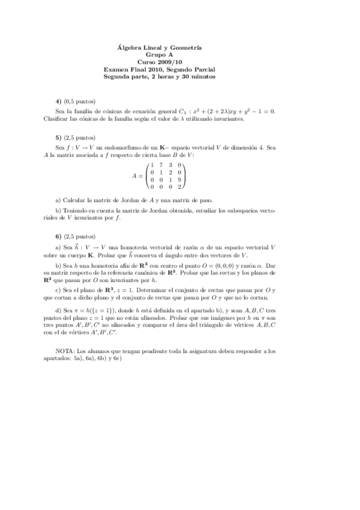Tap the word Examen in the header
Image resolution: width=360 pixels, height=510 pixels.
[x=117, y=69]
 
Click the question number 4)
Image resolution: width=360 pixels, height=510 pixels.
[x=58, y=101]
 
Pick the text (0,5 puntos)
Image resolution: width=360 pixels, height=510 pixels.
[x=81, y=101]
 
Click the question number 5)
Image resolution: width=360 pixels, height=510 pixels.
[x=58, y=137]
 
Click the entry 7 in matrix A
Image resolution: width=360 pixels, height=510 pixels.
[x=161, y=165]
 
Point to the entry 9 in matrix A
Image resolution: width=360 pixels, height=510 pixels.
[x=179, y=179]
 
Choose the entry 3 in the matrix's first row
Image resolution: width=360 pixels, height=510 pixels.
[x=170, y=165]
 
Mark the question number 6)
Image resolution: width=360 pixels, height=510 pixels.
[x=58, y=236]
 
